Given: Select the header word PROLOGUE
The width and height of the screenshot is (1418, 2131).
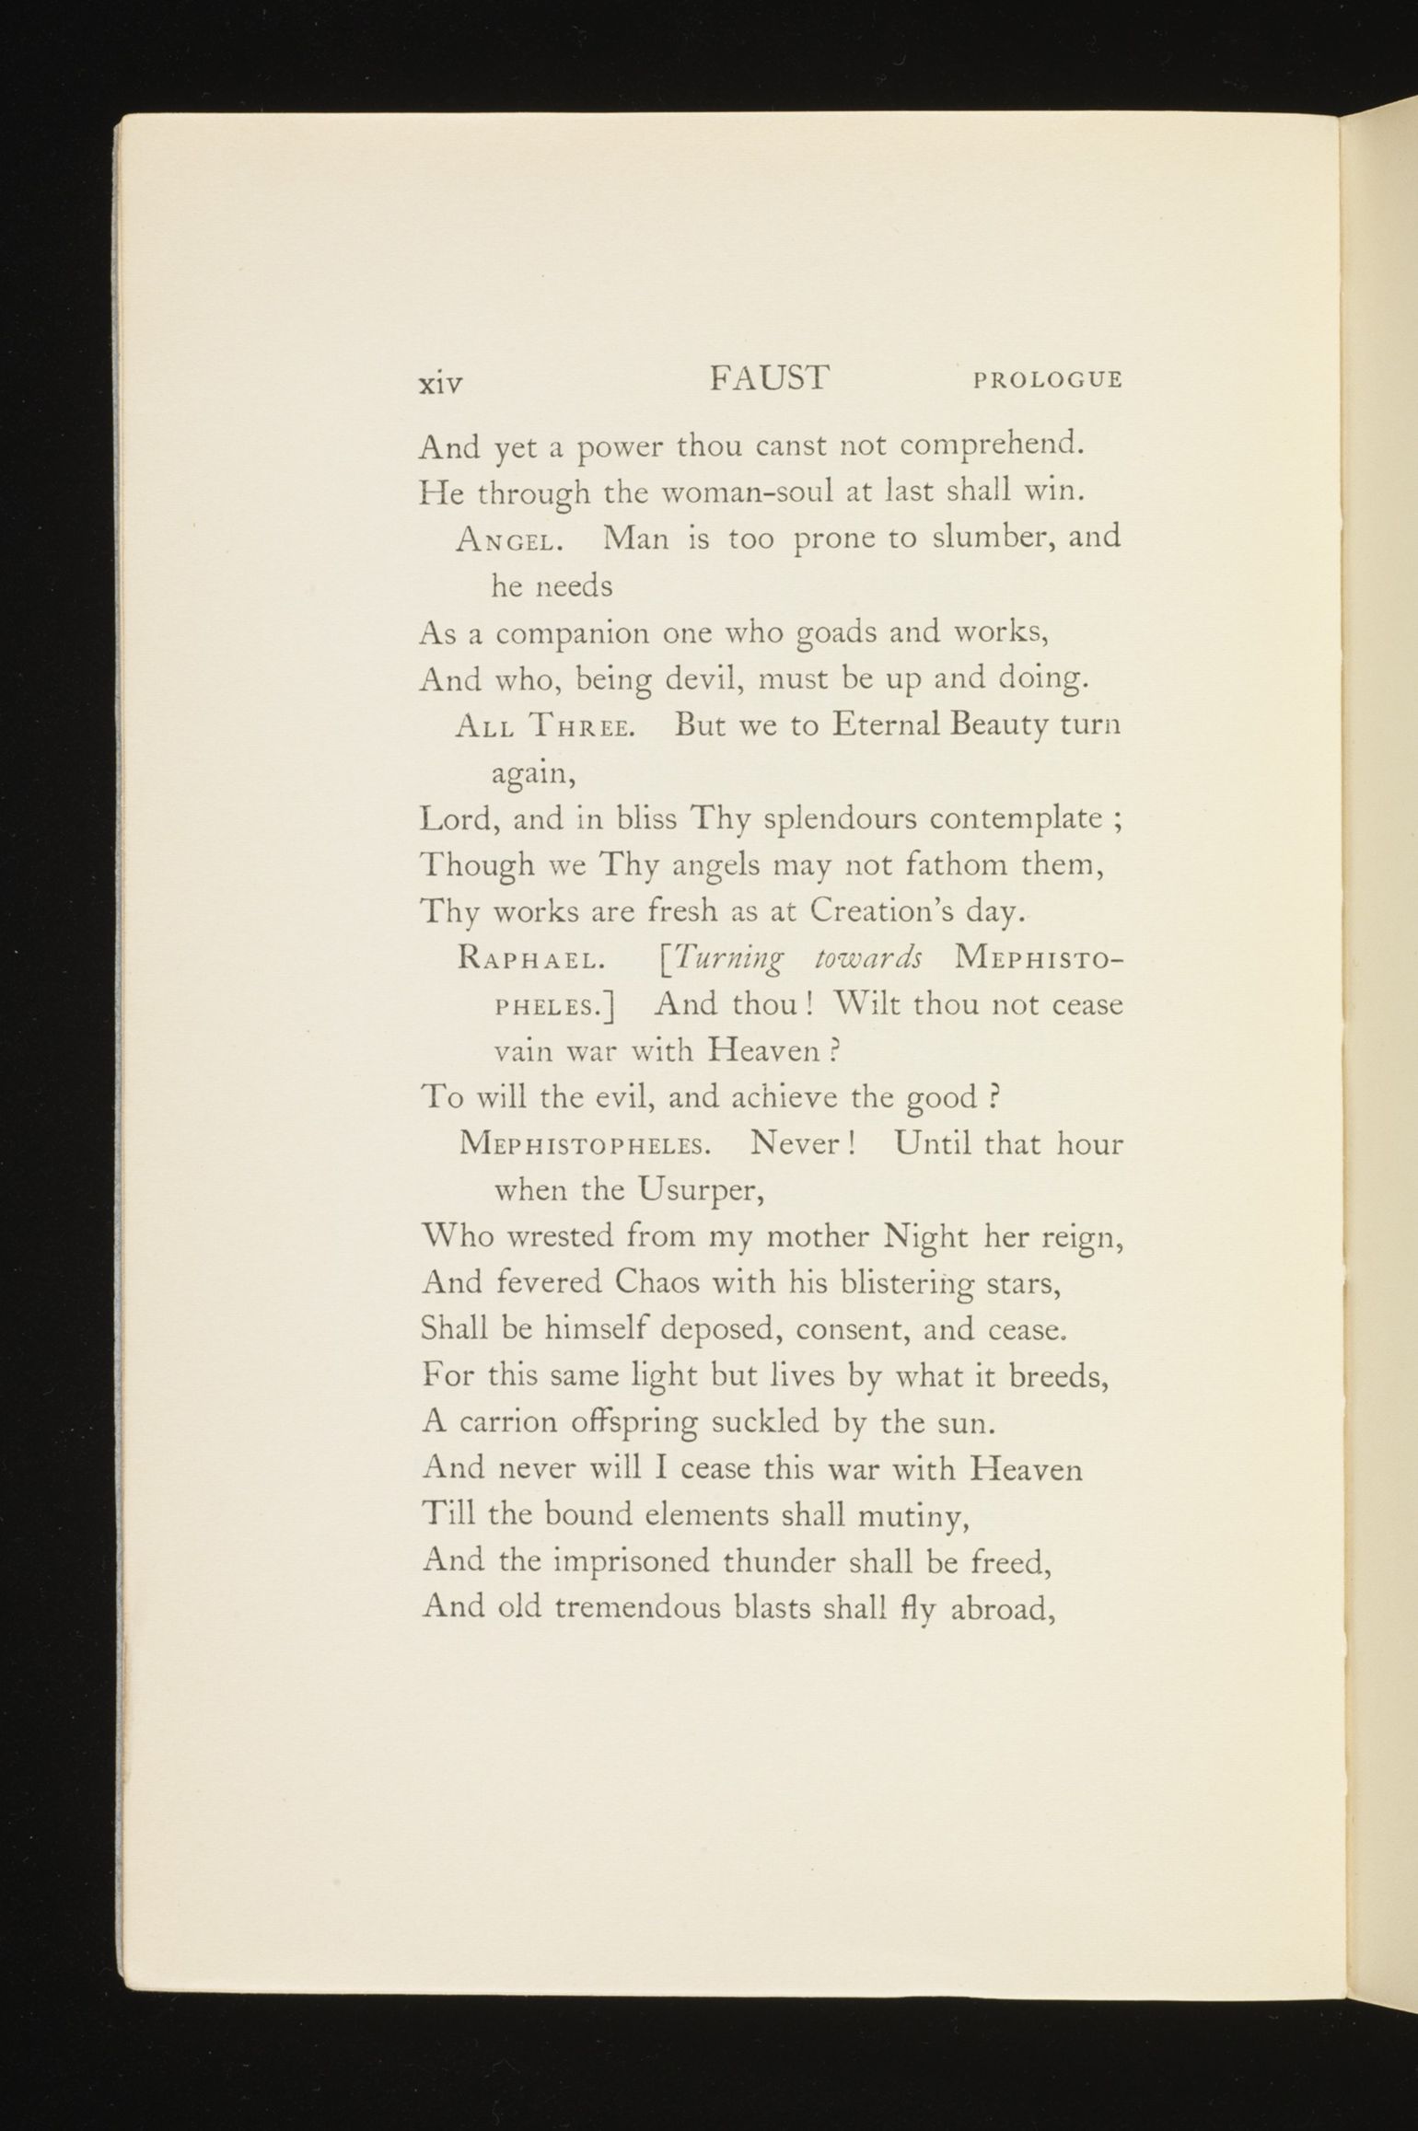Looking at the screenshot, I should coord(1048,380).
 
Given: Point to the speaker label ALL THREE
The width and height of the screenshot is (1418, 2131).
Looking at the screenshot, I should coord(543,727).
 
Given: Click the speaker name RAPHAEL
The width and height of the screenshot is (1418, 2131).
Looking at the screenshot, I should coord(530,961).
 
